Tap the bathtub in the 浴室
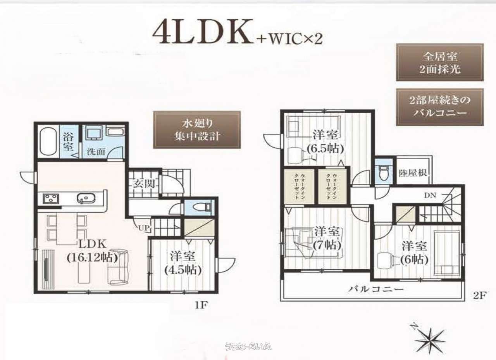47,141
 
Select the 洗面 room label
95,152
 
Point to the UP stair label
143,228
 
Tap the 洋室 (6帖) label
414,253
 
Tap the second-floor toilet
384,173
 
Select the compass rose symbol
430,339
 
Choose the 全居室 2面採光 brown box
439,62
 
